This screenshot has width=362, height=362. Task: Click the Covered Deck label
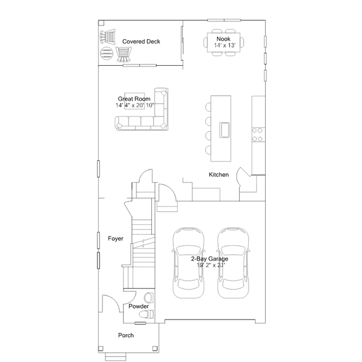tap(141, 41)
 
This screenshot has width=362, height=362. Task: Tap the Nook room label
tap(223, 39)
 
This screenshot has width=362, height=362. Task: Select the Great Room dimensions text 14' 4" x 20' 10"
tap(135, 105)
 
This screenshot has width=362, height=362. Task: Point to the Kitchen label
tap(219, 174)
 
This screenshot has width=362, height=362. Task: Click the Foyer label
tap(116, 239)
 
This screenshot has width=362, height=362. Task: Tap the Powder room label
tap(139, 306)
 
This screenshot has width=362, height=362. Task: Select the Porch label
tap(126, 335)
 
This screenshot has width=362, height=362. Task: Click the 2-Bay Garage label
tap(210, 258)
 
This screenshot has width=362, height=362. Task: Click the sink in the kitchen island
tap(224, 130)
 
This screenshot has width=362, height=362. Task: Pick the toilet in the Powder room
tap(146, 314)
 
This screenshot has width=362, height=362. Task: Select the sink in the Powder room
tap(148, 298)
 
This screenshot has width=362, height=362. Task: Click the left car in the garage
tap(189, 263)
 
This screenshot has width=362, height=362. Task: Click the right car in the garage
tap(233, 263)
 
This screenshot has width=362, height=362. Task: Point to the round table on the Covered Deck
tap(107, 53)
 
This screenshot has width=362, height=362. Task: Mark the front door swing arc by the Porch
tap(115, 299)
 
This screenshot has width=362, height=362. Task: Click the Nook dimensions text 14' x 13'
tap(225, 45)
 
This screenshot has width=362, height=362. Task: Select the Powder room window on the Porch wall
tap(140, 323)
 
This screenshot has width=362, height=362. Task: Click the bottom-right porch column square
tap(155, 348)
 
